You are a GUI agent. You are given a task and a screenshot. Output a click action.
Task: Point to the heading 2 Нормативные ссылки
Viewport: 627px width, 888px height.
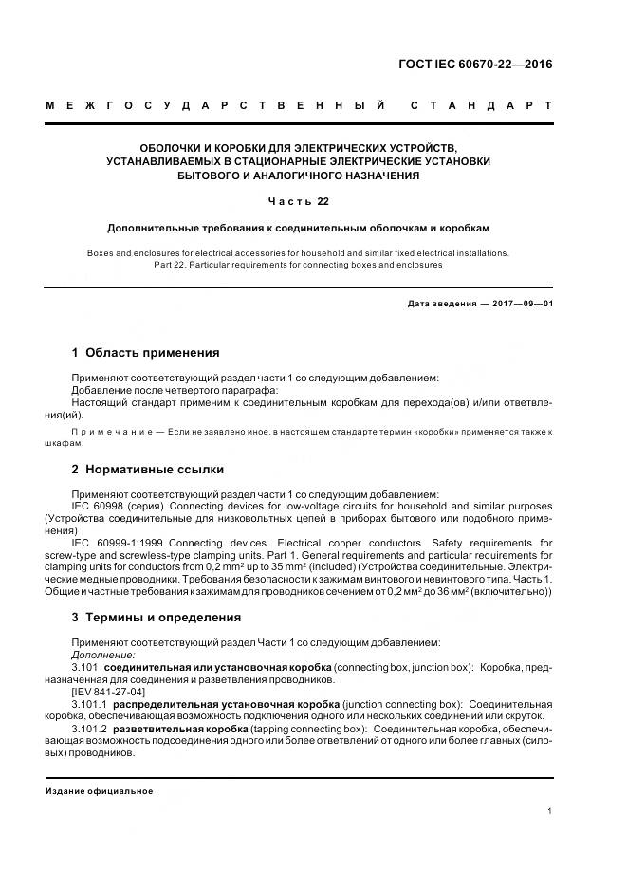(x=148, y=469)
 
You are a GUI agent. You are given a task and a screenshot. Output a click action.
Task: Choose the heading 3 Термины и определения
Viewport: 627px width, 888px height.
(x=157, y=617)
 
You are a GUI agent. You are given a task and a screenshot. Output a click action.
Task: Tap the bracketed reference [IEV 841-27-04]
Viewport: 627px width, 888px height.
(x=107, y=692)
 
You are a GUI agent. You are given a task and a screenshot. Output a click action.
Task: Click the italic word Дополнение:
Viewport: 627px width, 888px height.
(x=103, y=655)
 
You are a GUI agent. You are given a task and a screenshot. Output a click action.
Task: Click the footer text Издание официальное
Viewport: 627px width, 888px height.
(x=100, y=790)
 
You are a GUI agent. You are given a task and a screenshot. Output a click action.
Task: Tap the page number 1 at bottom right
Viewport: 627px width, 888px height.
(x=550, y=811)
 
